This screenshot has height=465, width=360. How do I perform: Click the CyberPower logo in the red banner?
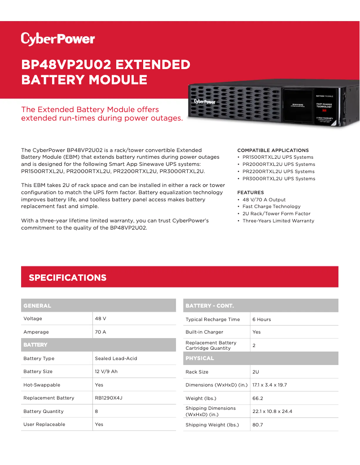tap(58, 39)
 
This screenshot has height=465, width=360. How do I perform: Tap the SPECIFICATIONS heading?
tap(67, 278)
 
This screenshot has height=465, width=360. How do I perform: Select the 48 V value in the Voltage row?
tap(101, 318)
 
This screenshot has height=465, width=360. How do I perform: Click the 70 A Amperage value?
tap(101, 332)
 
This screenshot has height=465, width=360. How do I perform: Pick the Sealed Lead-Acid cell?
tap(116, 358)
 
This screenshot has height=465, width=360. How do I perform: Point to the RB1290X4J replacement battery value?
tap(109, 398)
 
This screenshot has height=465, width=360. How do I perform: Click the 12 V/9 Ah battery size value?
tap(106, 371)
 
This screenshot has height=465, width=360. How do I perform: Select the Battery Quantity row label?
tap(44, 411)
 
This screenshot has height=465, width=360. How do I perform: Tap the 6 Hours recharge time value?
tap(262, 319)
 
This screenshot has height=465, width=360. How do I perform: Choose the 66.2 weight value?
tap(258, 398)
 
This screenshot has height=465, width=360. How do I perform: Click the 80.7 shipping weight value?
tap(258, 425)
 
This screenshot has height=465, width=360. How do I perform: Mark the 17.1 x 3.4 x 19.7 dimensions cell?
tap(269, 385)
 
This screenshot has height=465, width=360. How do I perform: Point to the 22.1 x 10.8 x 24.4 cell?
tap(272, 411)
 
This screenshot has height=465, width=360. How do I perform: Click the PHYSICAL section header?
tap(200, 358)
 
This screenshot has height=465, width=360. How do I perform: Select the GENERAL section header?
tap(37, 306)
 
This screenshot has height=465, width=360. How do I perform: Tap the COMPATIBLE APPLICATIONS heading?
tap(273, 150)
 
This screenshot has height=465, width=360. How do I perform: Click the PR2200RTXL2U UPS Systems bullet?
tap(278, 171)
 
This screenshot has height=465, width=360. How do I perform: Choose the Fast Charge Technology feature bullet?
tap(271, 207)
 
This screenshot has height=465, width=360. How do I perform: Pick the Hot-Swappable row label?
tap(42, 385)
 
